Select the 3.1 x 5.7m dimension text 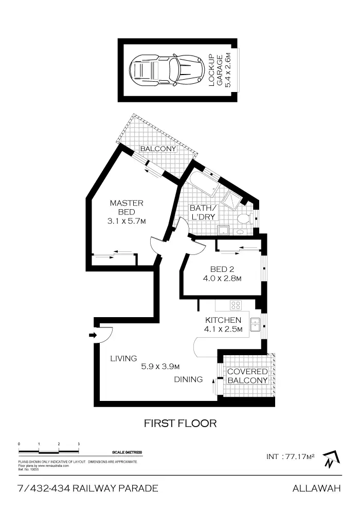(x=127, y=222)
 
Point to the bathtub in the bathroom (x=202, y=185)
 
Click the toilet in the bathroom (x=244, y=218)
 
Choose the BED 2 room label (x=222, y=269)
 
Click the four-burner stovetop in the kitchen (x=236, y=305)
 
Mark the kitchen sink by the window (x=255, y=323)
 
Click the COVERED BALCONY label (x=247, y=376)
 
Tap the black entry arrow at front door (x=92, y=336)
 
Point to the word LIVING (x=123, y=358)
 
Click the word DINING (x=188, y=380)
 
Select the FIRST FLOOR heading (x=179, y=424)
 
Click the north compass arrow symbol (x=329, y=459)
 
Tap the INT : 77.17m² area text (x=291, y=456)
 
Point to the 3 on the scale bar (x=79, y=443)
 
